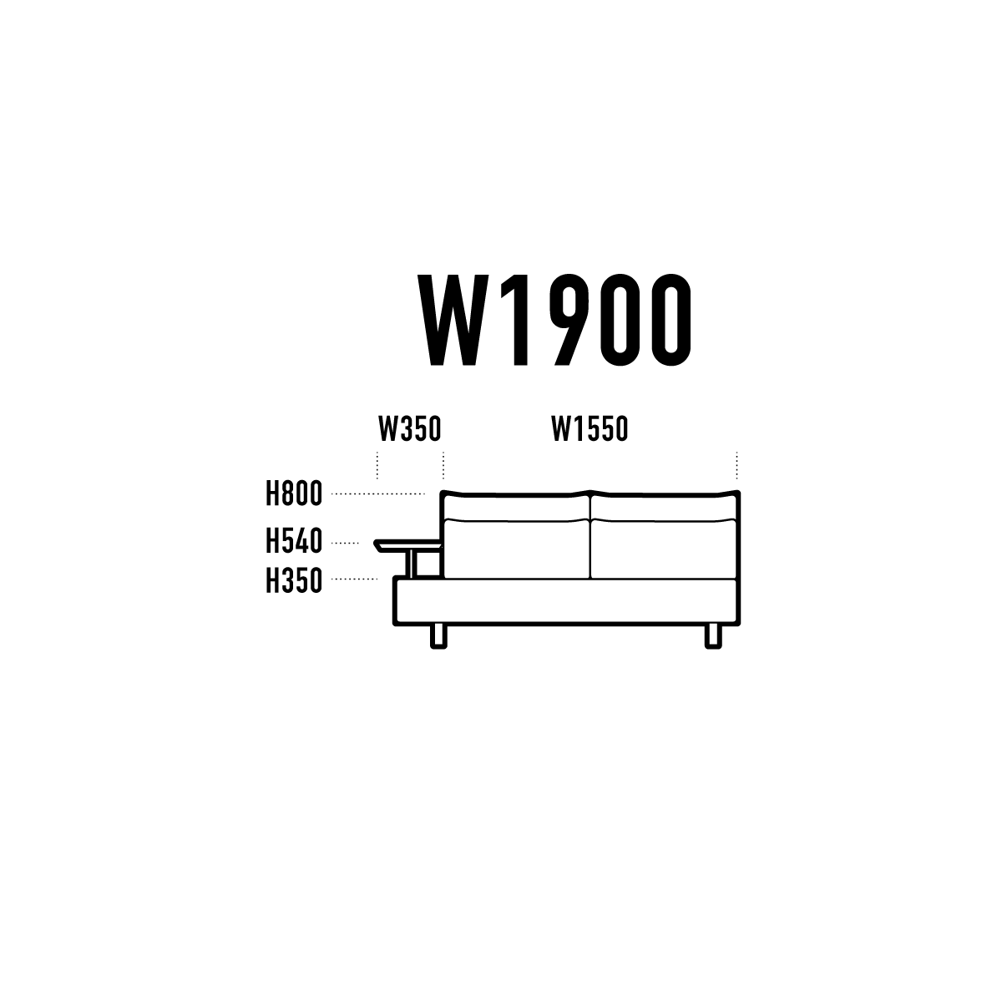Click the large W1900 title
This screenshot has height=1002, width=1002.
[x=554, y=320]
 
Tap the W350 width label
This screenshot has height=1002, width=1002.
[x=410, y=429]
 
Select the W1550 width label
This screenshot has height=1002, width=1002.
[x=590, y=429]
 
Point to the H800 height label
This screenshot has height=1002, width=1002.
[x=294, y=493]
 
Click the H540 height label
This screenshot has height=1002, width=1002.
[x=294, y=541]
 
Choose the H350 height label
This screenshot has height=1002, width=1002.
[x=294, y=580]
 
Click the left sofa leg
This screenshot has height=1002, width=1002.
[x=438, y=636]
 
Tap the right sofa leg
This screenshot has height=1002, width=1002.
[x=713, y=636]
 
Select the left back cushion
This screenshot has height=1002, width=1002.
[x=517, y=549]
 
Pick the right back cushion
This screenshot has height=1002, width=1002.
[x=664, y=549]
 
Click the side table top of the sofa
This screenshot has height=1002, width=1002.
[x=407, y=545]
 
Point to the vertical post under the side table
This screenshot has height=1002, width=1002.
[x=414, y=564]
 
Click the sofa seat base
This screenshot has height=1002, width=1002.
[x=566, y=600]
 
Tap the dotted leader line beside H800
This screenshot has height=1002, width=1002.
[x=378, y=494]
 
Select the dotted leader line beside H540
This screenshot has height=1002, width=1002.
[x=345, y=543]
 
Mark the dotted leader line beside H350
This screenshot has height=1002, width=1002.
[x=354, y=579]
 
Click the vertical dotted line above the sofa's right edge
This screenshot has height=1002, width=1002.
[x=736, y=465]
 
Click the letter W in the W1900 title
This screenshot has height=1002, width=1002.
[x=453, y=320]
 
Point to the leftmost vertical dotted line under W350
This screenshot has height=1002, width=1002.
[x=377, y=465]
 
